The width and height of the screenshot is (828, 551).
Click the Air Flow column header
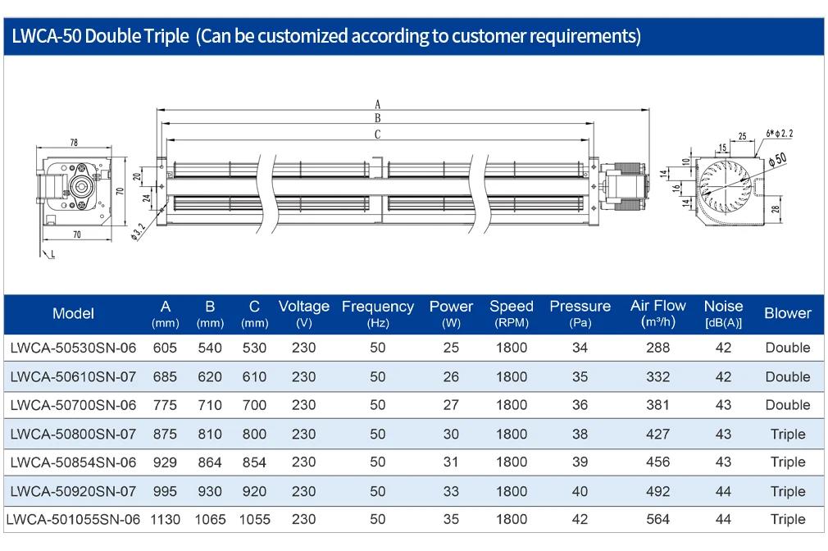(x=658, y=313)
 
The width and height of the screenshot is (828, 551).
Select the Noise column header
(x=723, y=313)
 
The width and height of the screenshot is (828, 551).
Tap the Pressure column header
(x=580, y=313)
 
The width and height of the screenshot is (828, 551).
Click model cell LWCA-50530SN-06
(x=74, y=348)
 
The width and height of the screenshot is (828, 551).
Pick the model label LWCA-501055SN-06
(x=74, y=519)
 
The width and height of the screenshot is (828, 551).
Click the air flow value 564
(x=658, y=519)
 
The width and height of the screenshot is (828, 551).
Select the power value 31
(x=451, y=462)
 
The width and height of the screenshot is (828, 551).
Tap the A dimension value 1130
(x=166, y=519)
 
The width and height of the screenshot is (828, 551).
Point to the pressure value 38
(x=580, y=435)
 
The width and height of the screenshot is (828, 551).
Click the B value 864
(x=210, y=462)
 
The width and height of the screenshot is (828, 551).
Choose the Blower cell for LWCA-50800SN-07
(x=788, y=435)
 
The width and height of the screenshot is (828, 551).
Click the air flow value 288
(x=658, y=348)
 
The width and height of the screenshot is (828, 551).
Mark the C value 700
(x=254, y=405)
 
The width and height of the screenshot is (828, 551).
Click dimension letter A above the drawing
(x=378, y=104)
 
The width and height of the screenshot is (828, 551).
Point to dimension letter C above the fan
(x=378, y=134)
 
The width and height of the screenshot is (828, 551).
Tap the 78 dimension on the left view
(x=74, y=143)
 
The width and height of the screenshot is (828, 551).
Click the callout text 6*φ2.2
(x=780, y=133)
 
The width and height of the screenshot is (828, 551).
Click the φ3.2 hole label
(x=138, y=231)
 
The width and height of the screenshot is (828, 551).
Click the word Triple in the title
(x=166, y=36)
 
